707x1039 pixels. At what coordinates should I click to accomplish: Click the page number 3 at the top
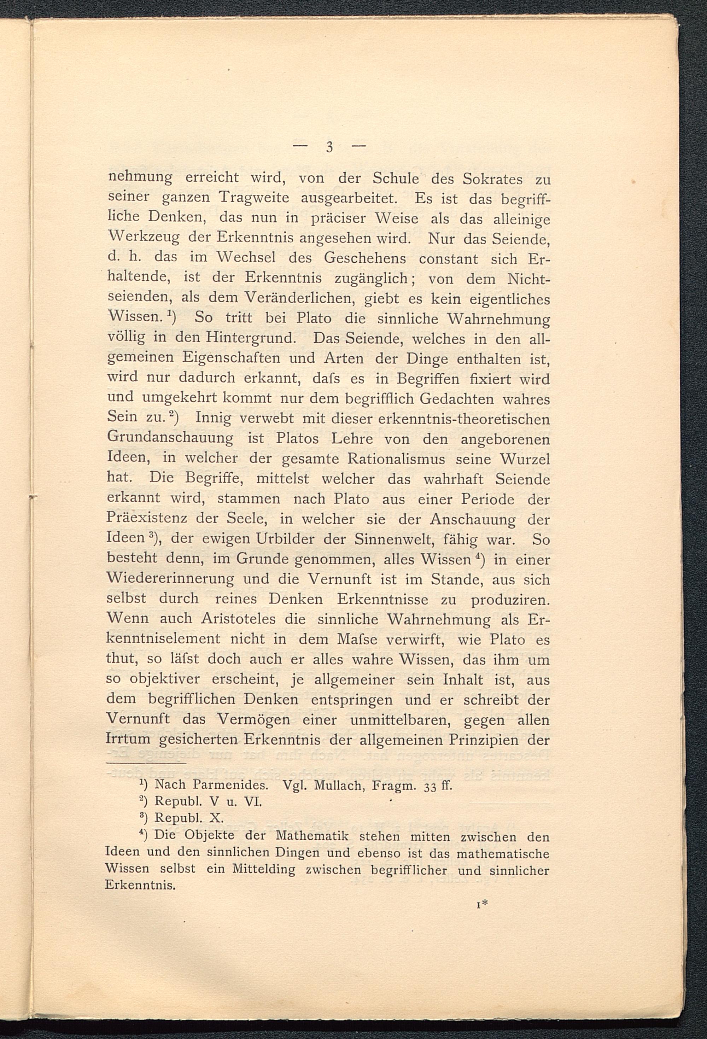(x=329, y=147)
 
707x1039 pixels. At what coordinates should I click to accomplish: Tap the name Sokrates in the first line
(x=492, y=179)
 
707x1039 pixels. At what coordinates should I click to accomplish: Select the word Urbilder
(x=287, y=539)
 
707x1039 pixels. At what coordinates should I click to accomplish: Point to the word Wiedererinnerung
(x=170, y=579)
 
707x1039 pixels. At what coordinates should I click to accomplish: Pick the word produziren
(x=510, y=599)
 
